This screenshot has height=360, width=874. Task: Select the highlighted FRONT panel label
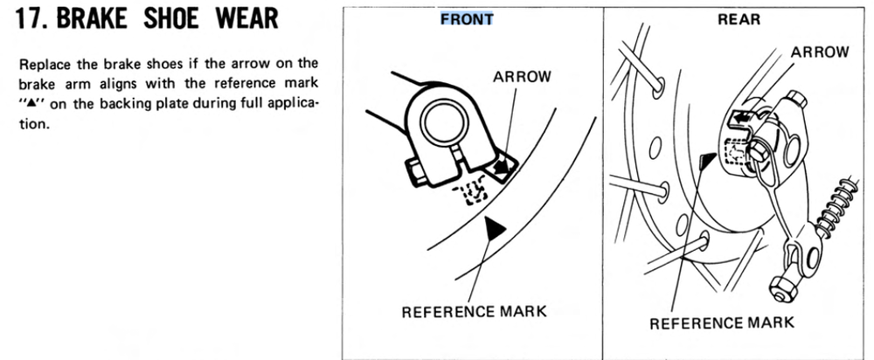(468, 19)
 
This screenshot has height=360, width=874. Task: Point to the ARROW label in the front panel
(522, 77)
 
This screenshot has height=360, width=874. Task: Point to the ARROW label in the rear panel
(819, 52)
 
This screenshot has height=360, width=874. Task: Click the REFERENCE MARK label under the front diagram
(474, 312)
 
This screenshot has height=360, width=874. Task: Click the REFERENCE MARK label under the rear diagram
(722, 323)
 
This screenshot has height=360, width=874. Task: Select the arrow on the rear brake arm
(741, 115)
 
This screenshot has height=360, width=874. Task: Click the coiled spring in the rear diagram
(835, 205)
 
